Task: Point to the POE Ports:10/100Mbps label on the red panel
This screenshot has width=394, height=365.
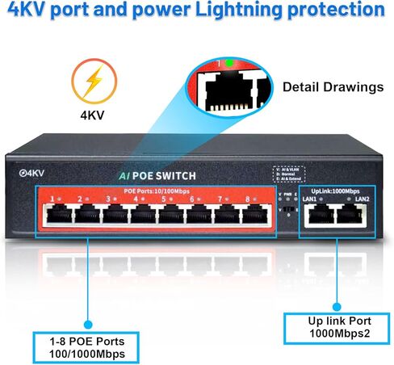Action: [157, 190]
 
